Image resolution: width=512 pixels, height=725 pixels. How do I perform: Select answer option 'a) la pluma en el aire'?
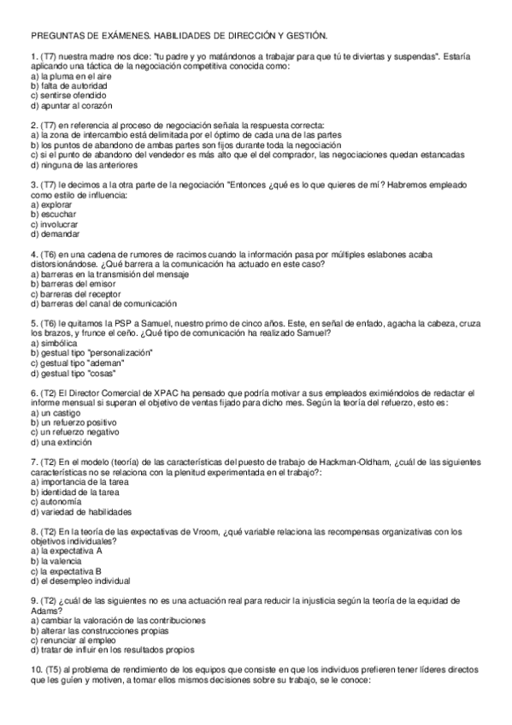tap(69, 77)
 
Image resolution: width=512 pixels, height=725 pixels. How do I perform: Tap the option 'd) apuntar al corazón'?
tap(71, 107)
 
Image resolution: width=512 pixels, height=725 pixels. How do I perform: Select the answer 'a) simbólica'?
tap(55, 344)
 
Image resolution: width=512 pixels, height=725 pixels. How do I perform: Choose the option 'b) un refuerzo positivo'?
tap(78, 423)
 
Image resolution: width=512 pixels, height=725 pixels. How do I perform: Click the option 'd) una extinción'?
tap(63, 443)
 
